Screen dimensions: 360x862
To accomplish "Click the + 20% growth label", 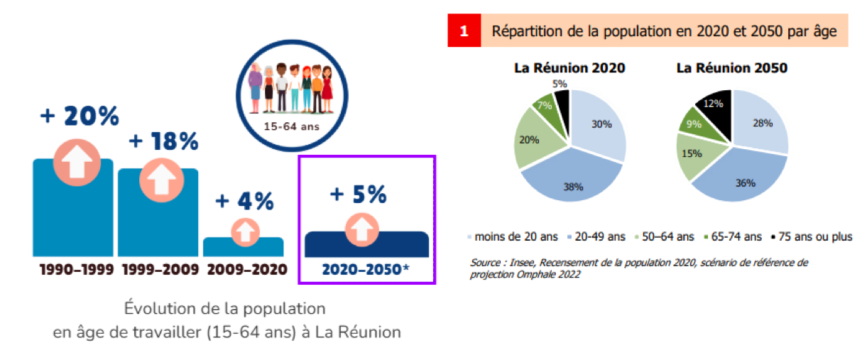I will [x=80, y=116].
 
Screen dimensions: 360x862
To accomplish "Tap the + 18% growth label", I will [x=163, y=141].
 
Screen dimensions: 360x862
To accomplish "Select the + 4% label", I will [x=244, y=202].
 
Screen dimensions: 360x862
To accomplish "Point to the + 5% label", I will [x=357, y=193].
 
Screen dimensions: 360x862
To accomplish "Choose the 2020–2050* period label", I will [x=365, y=270].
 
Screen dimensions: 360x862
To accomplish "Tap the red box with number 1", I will [x=464, y=31].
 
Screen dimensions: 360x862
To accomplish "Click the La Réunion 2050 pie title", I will [x=731, y=68].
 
